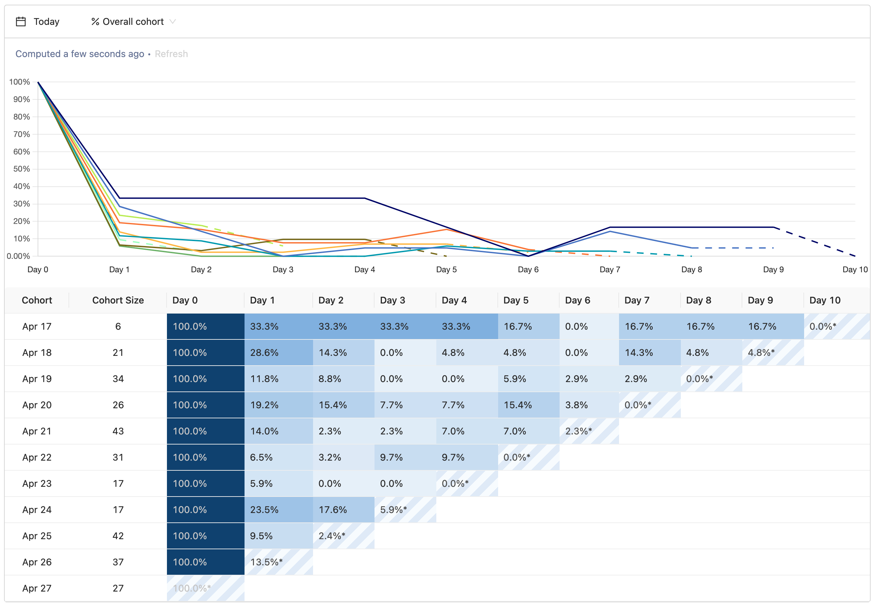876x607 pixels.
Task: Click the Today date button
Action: tap(46, 22)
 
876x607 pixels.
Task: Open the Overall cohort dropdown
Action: tap(133, 22)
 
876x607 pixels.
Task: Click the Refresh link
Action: tap(171, 54)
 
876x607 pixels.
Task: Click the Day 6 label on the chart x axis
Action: tap(528, 270)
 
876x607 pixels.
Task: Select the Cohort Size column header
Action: tap(118, 300)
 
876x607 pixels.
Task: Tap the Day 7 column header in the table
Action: tap(637, 300)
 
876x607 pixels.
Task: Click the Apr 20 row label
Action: tap(37, 405)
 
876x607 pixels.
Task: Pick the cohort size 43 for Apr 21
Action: tap(118, 431)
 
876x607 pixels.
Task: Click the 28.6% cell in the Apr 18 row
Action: tap(278, 353)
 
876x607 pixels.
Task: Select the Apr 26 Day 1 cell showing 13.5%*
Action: tap(278, 562)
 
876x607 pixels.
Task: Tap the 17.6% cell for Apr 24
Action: tap(343, 510)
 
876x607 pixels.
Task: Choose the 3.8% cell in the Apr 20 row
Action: tap(589, 405)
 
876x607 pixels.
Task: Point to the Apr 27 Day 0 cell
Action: tap(206, 588)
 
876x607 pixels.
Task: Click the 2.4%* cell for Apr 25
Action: tap(343, 536)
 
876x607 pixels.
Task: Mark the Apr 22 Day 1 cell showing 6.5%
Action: tap(278, 458)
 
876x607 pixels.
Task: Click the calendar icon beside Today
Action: tap(21, 22)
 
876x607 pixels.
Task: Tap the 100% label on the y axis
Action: tap(19, 82)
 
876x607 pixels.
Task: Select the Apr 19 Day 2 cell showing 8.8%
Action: tap(343, 379)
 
